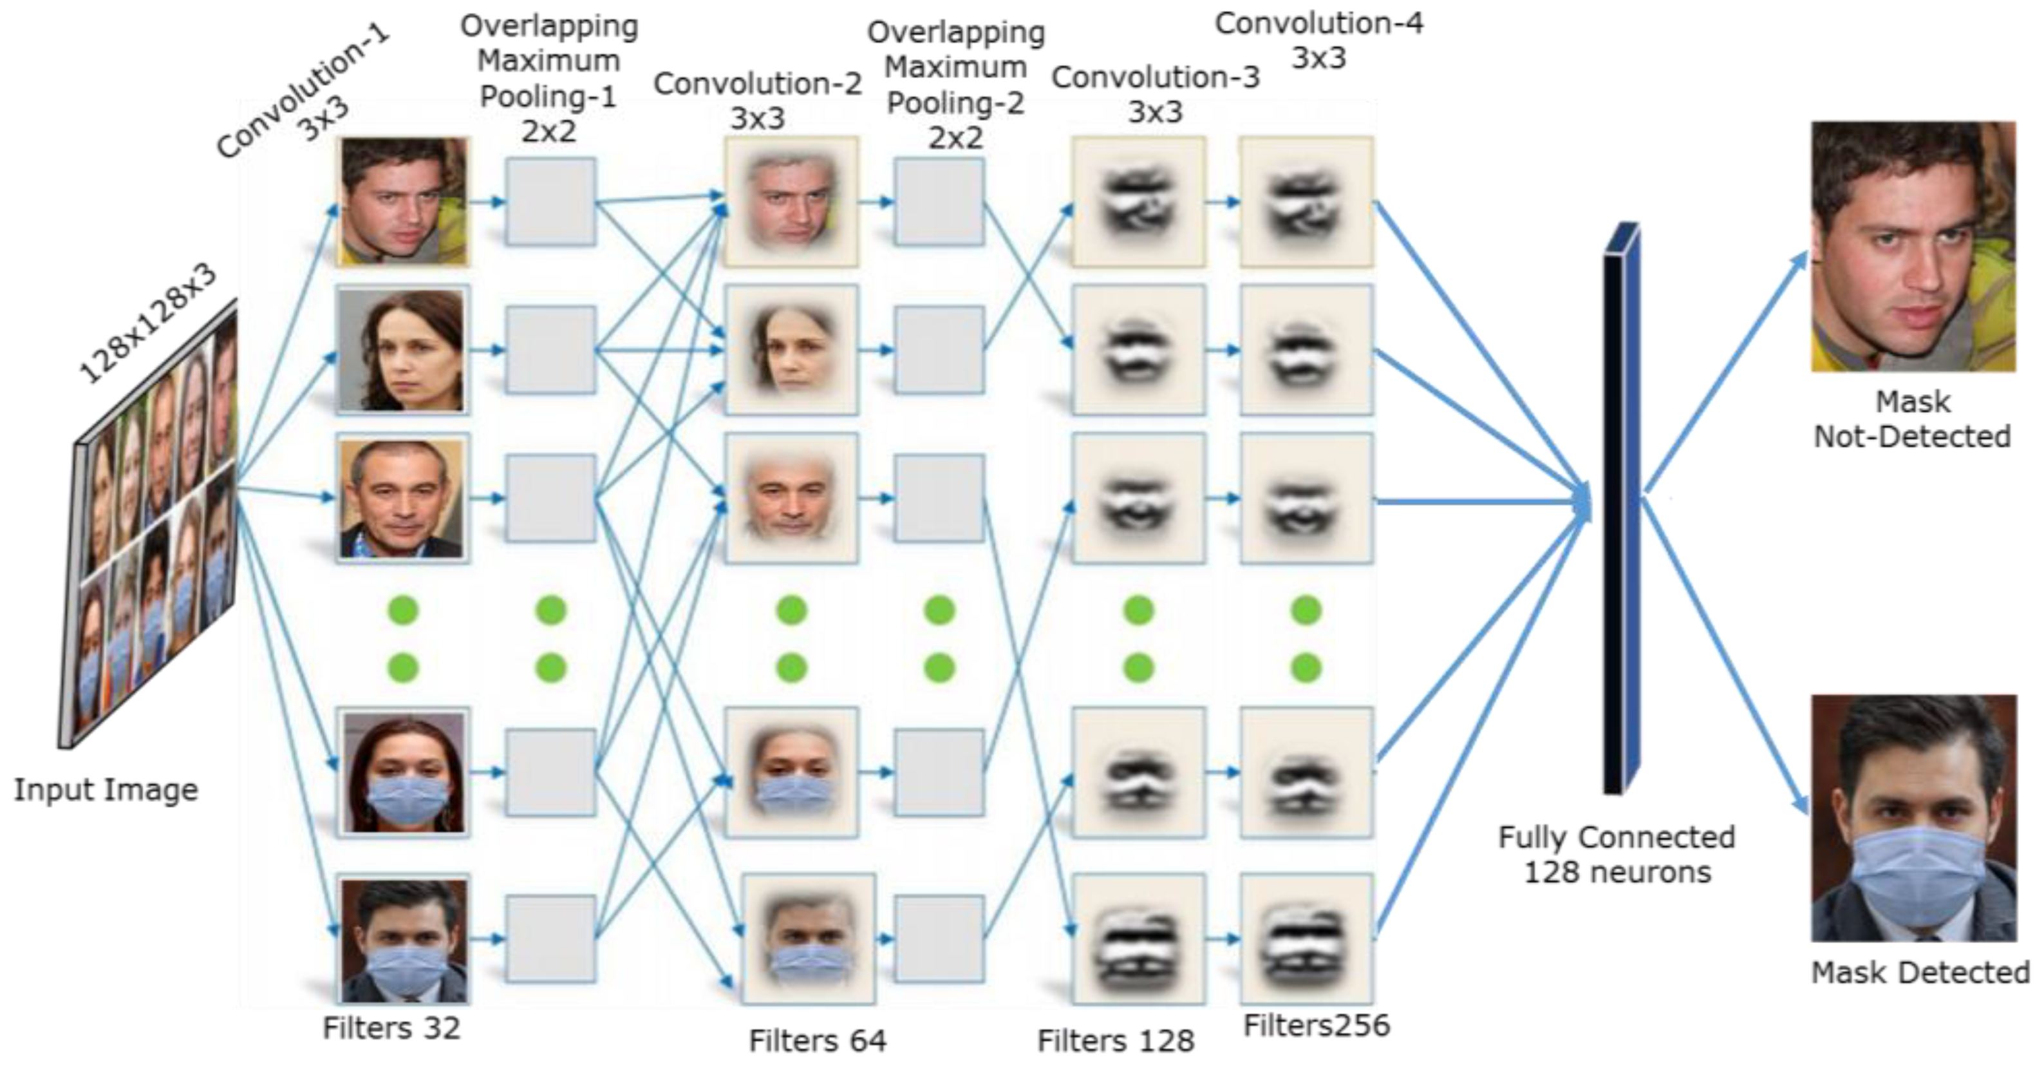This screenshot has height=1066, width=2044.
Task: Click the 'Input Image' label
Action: pyautogui.click(x=106, y=790)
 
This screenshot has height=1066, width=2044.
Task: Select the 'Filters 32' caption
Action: pyautogui.click(x=391, y=1028)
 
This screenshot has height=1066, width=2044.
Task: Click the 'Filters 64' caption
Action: pyautogui.click(x=818, y=1041)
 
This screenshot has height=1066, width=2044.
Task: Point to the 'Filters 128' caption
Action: pyautogui.click(x=1116, y=1041)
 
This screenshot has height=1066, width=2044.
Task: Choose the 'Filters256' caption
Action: pyautogui.click(x=1317, y=1025)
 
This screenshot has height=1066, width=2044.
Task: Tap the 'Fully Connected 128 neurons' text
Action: pyautogui.click(x=1617, y=854)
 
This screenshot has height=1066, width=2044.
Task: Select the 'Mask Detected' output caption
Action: pyautogui.click(x=1919, y=973)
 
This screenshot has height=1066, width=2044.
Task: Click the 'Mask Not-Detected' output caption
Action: pyautogui.click(x=1911, y=419)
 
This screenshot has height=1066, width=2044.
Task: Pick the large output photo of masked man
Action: pyautogui.click(x=1913, y=817)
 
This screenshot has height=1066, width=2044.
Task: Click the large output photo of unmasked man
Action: pyautogui.click(x=1913, y=246)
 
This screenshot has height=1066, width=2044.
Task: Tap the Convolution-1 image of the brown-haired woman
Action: pyautogui.click(x=402, y=350)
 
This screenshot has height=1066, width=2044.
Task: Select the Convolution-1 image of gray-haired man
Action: pyautogui.click(x=402, y=499)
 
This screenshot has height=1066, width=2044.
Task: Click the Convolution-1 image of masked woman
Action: pyautogui.click(x=402, y=772)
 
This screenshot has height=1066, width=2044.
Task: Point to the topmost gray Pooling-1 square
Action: pyautogui.click(x=550, y=202)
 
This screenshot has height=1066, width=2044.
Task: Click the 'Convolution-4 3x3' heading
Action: pyautogui.click(x=1318, y=40)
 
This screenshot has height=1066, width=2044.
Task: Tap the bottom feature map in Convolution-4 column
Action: pyautogui.click(x=1306, y=938)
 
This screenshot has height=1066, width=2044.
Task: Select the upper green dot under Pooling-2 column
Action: pyautogui.click(x=939, y=611)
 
